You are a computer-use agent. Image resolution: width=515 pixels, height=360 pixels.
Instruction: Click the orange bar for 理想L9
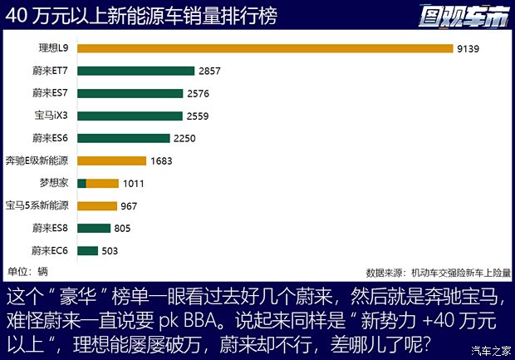coord(264,49)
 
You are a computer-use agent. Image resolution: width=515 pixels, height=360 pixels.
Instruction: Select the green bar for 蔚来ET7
coord(135,72)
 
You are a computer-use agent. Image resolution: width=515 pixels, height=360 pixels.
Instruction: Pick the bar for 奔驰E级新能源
coord(111,160)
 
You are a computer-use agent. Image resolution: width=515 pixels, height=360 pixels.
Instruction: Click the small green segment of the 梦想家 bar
coord(81,183)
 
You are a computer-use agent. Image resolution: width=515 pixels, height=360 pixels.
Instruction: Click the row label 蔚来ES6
coord(50,138)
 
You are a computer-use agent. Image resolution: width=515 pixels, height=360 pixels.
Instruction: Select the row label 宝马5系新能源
coord(37,205)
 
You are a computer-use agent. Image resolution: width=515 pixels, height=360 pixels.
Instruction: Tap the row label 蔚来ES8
coord(50,228)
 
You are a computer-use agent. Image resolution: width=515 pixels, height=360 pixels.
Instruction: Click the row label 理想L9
coord(51,49)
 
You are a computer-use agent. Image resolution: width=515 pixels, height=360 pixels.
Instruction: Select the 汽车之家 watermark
coord(490,349)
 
